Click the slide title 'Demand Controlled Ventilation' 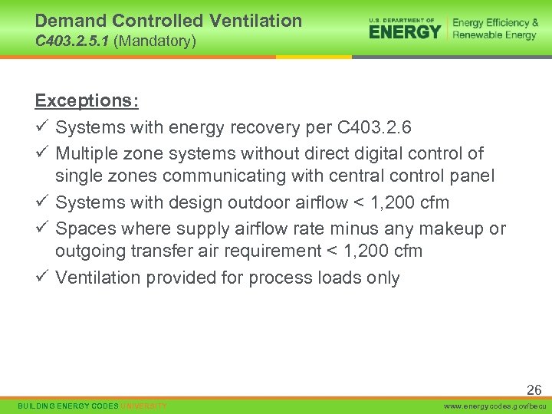coord(169,21)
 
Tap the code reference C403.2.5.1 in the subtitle coord(72,41)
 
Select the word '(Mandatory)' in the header coord(155,41)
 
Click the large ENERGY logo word coord(405,31)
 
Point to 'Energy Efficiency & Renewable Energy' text coord(495,28)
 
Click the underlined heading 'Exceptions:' coord(86,101)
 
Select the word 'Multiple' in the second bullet coord(86,153)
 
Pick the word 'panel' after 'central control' coord(473,176)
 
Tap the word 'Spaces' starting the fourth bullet coord(85,228)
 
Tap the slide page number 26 coord(534,390)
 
